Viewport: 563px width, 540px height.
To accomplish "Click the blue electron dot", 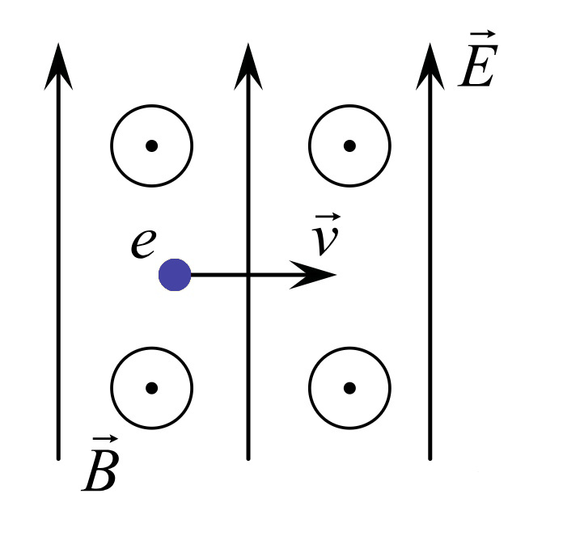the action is point(175,275).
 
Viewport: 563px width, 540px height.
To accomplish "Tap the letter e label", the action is point(143,243).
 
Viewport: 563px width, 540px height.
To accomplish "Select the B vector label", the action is point(100,464).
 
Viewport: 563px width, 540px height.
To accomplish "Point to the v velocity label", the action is point(326,235).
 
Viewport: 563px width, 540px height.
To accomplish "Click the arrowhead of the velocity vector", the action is point(313,275).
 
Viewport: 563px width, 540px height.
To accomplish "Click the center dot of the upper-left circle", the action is point(151,146).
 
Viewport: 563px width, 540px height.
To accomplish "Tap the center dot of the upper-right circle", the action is point(349,146).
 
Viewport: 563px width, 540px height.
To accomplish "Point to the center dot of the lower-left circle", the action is point(151,388).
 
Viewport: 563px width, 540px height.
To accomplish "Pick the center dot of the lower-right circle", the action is point(349,388).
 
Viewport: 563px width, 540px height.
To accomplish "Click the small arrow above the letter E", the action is point(483,35).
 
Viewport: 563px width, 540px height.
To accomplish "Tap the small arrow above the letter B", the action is point(105,439).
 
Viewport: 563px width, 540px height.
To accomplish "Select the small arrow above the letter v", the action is point(328,217).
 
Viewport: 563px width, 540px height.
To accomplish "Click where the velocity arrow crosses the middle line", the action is point(248,275).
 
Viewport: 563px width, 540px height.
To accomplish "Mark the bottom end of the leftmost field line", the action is point(58,458).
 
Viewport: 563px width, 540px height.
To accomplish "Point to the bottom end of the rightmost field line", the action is point(430,458).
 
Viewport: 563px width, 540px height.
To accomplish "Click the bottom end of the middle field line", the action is point(248,458).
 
